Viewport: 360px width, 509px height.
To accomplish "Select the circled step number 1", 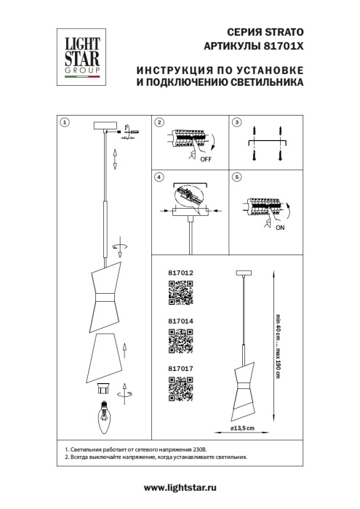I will (65, 122).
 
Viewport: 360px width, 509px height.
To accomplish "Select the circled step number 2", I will (159, 122).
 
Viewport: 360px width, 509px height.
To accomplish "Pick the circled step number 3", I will (236, 122).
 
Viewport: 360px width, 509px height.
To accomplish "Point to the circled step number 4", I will (159, 177).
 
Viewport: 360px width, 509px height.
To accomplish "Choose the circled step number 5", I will (236, 177).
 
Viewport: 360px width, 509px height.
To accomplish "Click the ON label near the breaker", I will (280, 226).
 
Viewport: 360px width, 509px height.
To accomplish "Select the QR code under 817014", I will (181, 342).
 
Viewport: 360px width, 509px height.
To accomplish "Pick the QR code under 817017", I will (181, 390).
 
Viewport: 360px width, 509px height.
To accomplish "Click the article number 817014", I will (180, 321).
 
